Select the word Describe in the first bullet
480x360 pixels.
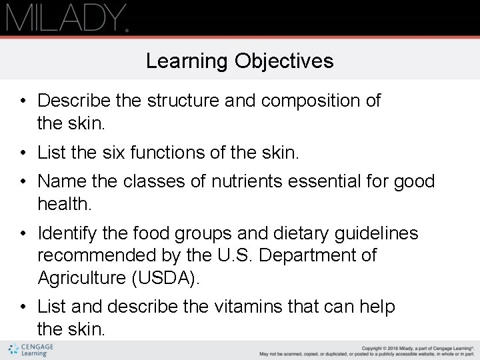(74, 101)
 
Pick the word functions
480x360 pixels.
(167, 153)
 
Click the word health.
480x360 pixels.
(63, 203)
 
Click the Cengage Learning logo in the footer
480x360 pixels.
(31, 350)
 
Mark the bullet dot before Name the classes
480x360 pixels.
(23, 181)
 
